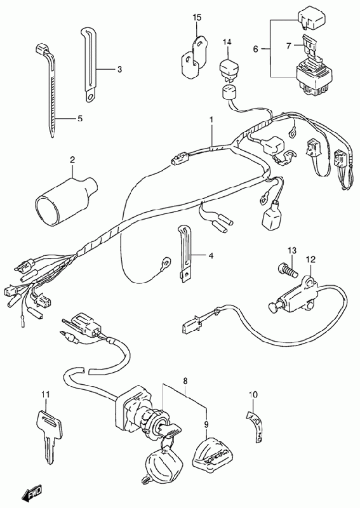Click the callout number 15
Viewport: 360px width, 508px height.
pyautogui.click(x=197, y=18)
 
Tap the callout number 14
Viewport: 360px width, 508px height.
pyautogui.click(x=227, y=42)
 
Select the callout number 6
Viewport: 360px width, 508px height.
pyautogui.click(x=256, y=50)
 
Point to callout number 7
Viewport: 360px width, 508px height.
pyautogui.click(x=288, y=46)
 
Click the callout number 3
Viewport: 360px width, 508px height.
pyautogui.click(x=119, y=69)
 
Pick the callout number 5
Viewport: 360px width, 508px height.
pyautogui.click(x=80, y=119)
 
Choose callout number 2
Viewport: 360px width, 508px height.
pyautogui.click(x=72, y=159)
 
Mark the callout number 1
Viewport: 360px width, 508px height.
pyautogui.click(x=211, y=120)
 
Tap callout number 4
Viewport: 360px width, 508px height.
pyautogui.click(x=211, y=256)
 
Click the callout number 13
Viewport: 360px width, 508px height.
pyautogui.click(x=292, y=250)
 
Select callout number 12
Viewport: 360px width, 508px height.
pyautogui.click(x=310, y=259)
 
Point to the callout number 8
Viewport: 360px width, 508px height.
pyautogui.click(x=185, y=382)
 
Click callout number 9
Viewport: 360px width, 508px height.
pyautogui.click(x=206, y=424)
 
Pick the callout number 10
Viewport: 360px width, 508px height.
pyautogui.click(x=253, y=394)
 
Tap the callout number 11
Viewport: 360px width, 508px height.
pyautogui.click(x=46, y=394)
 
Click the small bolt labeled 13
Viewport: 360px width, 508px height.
pyautogui.click(x=288, y=271)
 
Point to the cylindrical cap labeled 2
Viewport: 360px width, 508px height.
pyautogui.click(x=67, y=201)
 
